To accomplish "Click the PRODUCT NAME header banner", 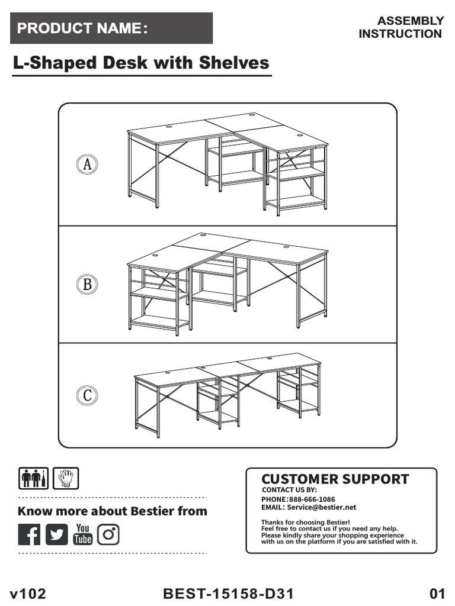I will (x=111, y=28).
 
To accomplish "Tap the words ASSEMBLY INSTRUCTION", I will (x=401, y=27).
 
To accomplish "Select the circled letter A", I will (x=87, y=165).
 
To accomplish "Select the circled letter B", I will (x=87, y=285).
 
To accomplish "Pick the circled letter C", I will (x=87, y=395).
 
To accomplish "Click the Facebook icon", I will (x=29, y=534).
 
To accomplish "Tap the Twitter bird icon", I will (x=57, y=534).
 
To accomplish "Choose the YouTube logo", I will (x=82, y=534).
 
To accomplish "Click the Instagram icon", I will (x=108, y=534).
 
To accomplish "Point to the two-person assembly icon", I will (x=33, y=478).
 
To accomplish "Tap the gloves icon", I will (x=66, y=478).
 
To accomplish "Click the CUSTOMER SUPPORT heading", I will (x=335, y=479).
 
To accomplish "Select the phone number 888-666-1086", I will (x=312, y=499).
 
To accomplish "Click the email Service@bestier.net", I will (x=322, y=507).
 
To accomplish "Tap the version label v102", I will (x=28, y=594).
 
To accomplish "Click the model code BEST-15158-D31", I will (x=228, y=594).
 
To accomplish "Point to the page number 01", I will (x=437, y=594).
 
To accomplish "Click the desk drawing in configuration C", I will (x=228, y=394).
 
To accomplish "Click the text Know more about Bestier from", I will (x=113, y=511).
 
